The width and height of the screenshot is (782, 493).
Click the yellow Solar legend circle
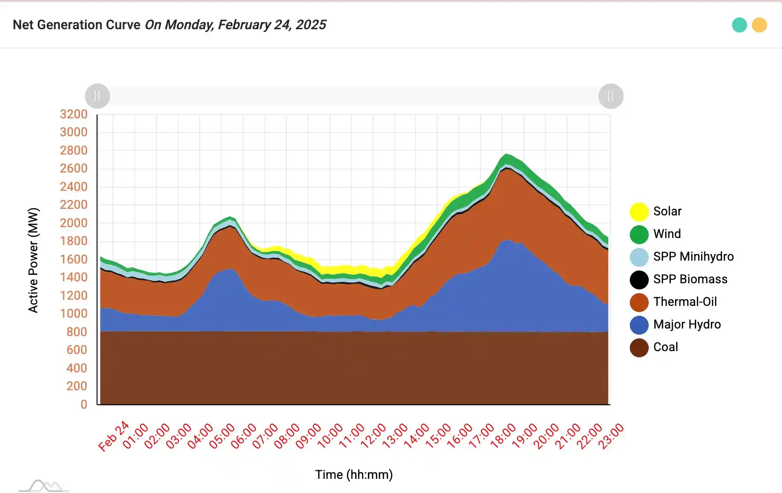tap(639, 212)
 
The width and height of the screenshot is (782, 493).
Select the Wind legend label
tap(667, 234)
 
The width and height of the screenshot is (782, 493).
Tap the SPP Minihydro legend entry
tap(693, 256)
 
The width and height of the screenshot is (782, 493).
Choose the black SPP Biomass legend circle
tap(639, 279)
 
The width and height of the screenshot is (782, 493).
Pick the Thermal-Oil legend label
tap(684, 302)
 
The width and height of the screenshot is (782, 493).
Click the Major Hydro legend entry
tap(686, 324)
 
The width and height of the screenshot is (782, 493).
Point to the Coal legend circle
tap(639, 347)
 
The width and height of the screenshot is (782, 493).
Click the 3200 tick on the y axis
tap(73, 114)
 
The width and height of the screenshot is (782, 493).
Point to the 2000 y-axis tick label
tap(73, 223)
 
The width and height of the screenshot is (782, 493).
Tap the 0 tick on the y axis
tap(84, 404)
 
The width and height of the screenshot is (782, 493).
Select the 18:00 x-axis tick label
tap(504, 436)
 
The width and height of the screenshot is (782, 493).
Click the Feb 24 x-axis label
tap(114, 436)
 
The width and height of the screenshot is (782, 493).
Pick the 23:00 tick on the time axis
tap(611, 436)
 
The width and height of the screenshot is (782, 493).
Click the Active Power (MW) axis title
tap(33, 260)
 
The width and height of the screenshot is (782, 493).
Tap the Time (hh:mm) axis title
tap(354, 475)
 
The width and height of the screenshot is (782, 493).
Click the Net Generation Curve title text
tap(76, 25)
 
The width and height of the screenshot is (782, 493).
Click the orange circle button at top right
tap(759, 25)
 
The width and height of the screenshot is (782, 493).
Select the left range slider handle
tap(98, 96)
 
